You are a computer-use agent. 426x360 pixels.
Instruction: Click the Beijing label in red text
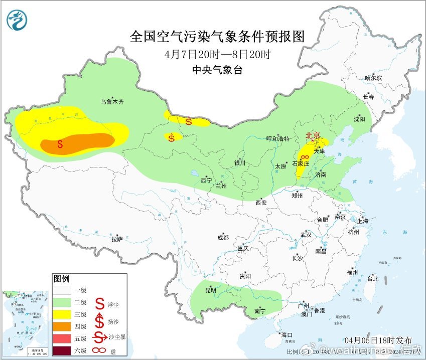[x=314, y=135]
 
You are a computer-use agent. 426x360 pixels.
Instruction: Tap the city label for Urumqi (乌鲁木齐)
[x=111, y=102]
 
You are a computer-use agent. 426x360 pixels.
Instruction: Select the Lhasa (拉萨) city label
[x=116, y=240]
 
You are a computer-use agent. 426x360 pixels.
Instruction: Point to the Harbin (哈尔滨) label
[x=373, y=78]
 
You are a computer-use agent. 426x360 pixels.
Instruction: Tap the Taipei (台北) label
[x=372, y=278]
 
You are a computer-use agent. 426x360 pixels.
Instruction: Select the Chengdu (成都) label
[x=223, y=238]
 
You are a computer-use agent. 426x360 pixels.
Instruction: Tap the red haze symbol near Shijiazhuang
[x=305, y=157]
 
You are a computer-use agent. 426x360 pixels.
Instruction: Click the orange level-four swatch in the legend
[x=64, y=326]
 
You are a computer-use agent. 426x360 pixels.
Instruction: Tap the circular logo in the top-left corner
[x=18, y=20]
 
